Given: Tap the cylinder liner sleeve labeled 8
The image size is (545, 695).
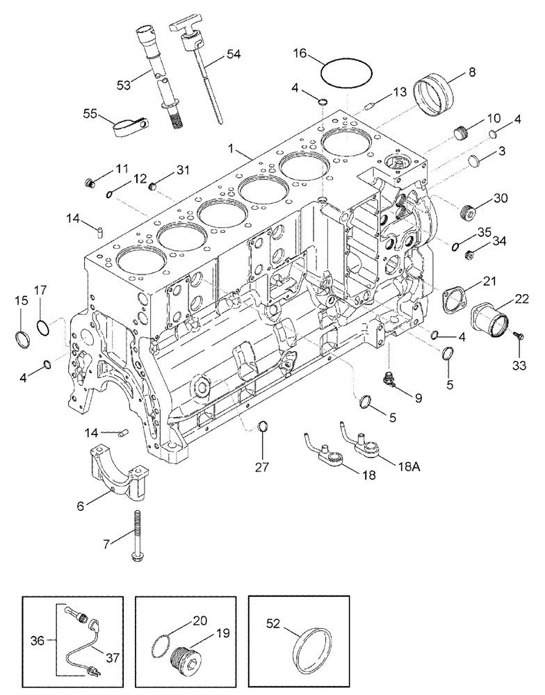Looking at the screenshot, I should [x=432, y=96].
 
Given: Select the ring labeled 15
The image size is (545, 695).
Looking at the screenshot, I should [x=23, y=339].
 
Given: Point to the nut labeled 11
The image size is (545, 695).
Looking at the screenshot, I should [x=88, y=184].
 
